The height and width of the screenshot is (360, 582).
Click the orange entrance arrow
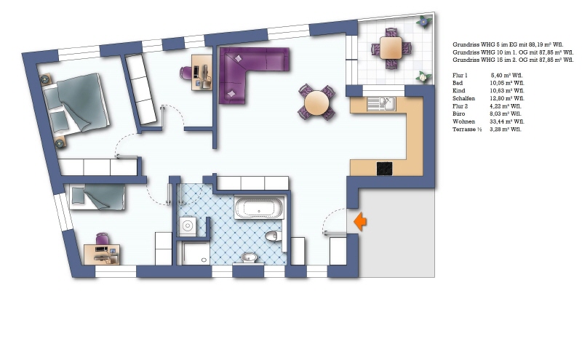[359, 221]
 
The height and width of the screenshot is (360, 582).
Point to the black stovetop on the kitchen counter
[385, 168]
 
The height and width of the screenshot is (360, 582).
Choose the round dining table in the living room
[317, 103]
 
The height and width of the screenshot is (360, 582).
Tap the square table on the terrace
[391, 49]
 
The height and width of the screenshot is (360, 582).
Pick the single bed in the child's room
[97, 196]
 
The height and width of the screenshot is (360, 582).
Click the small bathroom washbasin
[249, 257]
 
